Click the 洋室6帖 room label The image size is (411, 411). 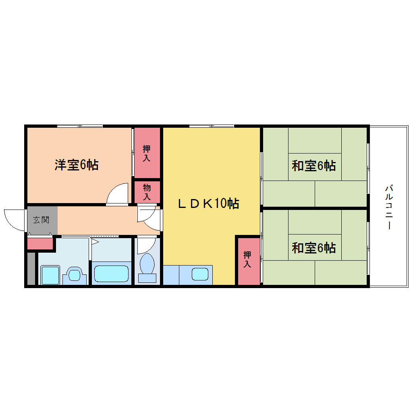[77, 165]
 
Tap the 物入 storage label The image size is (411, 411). [147, 192]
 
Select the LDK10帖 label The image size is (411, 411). [209, 203]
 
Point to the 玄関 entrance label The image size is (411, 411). [41, 220]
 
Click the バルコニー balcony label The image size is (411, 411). [389, 207]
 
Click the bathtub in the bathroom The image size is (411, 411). [111, 274]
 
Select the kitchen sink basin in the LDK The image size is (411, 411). [200, 274]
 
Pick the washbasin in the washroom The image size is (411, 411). [75, 275]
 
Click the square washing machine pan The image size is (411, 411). [50, 275]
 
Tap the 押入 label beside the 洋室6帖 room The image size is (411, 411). [147, 154]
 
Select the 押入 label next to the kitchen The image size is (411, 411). [247, 259]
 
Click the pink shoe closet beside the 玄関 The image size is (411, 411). [40, 243]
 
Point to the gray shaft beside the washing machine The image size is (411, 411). [31, 268]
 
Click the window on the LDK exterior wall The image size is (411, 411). [212, 126]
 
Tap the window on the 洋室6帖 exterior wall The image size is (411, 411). [80, 126]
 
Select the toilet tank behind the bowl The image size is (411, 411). [147, 278]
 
